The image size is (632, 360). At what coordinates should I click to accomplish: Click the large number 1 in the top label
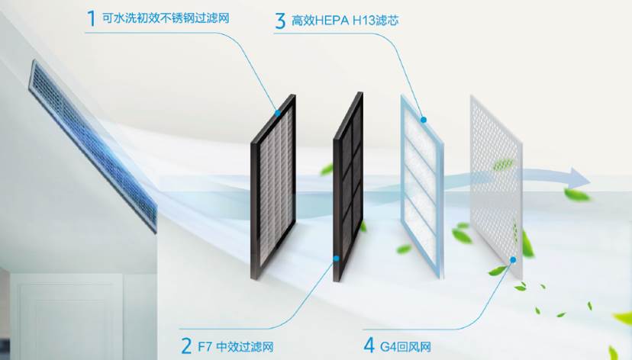pyautogui.click(x=92, y=18)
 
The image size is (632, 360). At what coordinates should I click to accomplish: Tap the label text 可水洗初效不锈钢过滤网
pyautogui.click(x=166, y=18)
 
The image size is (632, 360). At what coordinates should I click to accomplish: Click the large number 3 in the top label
pyautogui.click(x=280, y=21)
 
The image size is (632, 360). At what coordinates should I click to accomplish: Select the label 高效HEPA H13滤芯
pyautogui.click(x=345, y=21)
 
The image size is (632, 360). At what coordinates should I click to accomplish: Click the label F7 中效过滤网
pyautogui.click(x=236, y=346)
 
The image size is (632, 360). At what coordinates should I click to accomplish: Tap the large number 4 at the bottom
pyautogui.click(x=369, y=346)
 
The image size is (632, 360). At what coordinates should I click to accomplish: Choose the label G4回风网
pyautogui.click(x=405, y=346)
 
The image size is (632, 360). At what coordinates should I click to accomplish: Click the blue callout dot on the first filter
pyautogui.click(x=277, y=113)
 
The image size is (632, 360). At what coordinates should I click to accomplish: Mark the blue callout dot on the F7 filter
pyautogui.click(x=336, y=258)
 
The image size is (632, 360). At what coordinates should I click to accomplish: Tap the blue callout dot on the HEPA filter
pyautogui.click(x=423, y=120)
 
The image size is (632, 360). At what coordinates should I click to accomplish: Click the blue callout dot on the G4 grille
pyautogui.click(x=513, y=260)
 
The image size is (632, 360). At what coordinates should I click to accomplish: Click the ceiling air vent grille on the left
pyautogui.click(x=92, y=145)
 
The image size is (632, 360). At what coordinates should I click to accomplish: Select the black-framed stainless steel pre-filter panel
pyautogui.click(x=273, y=188)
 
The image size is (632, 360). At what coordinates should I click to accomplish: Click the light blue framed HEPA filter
pyautogui.click(x=422, y=186)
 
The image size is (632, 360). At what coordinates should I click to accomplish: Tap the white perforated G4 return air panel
pyautogui.click(x=497, y=188)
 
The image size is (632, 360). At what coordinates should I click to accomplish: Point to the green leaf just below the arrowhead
pyautogui.click(x=577, y=195)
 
